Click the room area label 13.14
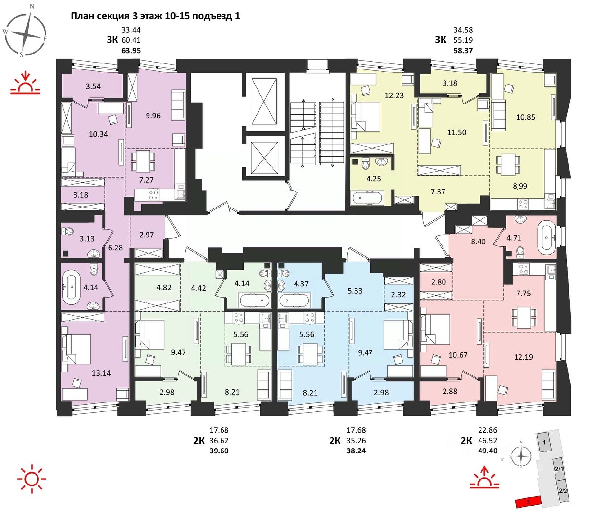coord(101,373)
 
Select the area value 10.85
coord(525,117)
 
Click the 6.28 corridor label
coord(115,247)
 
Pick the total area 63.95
coord(131,50)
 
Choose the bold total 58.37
coord(463,50)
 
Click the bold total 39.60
coord(219,451)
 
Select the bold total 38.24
coord(356,451)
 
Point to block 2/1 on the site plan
coord(559,469)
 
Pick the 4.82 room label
coord(164,287)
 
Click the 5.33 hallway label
coord(355,291)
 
